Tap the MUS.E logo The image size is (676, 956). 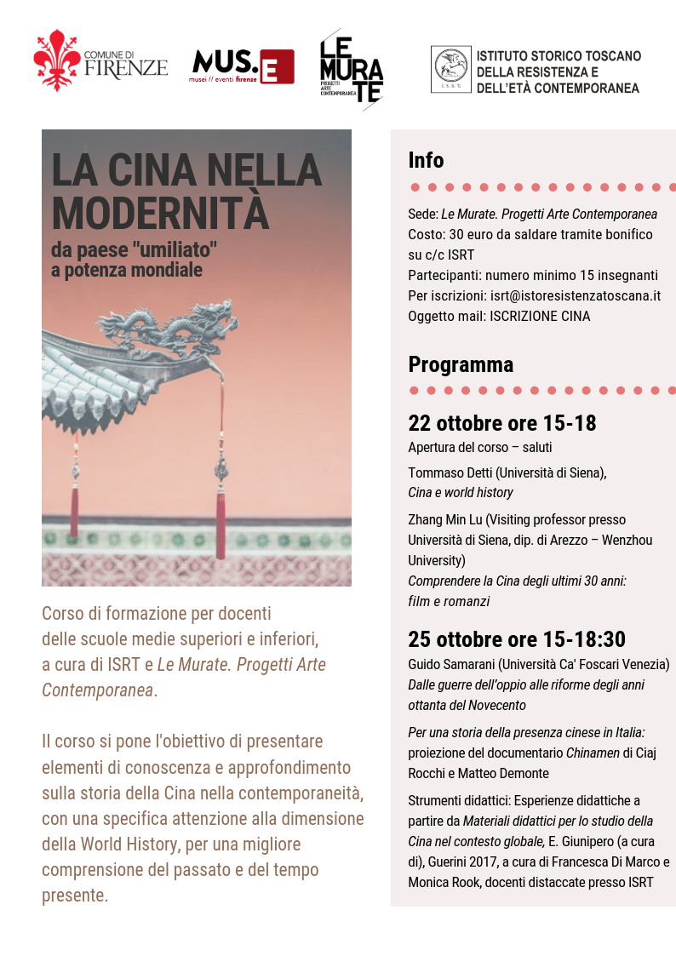pyautogui.click(x=243, y=66)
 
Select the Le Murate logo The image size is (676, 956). pyautogui.click(x=351, y=69)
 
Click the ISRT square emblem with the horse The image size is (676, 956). pyautogui.click(x=450, y=70)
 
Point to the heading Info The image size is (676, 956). pyautogui.click(x=426, y=160)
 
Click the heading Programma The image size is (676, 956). pyautogui.click(x=461, y=364)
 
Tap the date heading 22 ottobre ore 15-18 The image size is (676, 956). pyautogui.click(x=501, y=422)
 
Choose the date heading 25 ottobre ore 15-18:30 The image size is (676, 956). pyautogui.click(x=517, y=639)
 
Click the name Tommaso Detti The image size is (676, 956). pyautogui.click(x=450, y=472)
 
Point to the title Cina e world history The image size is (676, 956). pyautogui.click(x=461, y=492)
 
